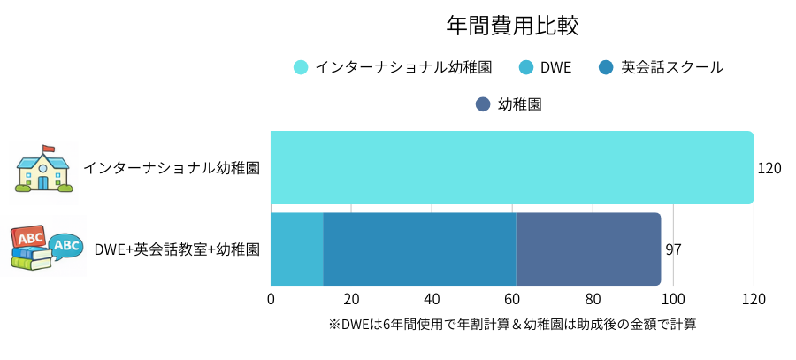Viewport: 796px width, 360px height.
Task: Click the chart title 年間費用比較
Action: [512, 26]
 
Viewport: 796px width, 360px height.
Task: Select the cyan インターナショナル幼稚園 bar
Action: [511, 167]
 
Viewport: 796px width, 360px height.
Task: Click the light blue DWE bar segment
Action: [296, 249]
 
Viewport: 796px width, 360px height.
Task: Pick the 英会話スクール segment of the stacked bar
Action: [419, 249]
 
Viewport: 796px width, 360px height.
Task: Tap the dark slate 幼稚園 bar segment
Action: [588, 249]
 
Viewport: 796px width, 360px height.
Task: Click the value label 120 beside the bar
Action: [769, 168]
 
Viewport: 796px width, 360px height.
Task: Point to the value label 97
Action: [673, 249]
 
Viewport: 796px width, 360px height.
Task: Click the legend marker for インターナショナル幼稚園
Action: [301, 67]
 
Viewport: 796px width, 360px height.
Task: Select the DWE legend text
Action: [556, 67]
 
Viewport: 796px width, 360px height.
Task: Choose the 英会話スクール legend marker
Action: [606, 67]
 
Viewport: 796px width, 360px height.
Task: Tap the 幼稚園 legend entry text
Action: [519, 104]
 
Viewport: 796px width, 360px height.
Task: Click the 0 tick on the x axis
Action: [271, 299]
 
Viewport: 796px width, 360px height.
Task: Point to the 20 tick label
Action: [351, 299]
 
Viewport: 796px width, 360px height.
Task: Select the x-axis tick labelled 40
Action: [432, 299]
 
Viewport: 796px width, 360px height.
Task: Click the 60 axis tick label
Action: [512, 299]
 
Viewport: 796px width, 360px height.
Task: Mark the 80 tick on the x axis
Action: [593, 299]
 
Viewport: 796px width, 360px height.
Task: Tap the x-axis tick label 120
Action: [754, 299]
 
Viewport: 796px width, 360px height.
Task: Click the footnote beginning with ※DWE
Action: [512, 325]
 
